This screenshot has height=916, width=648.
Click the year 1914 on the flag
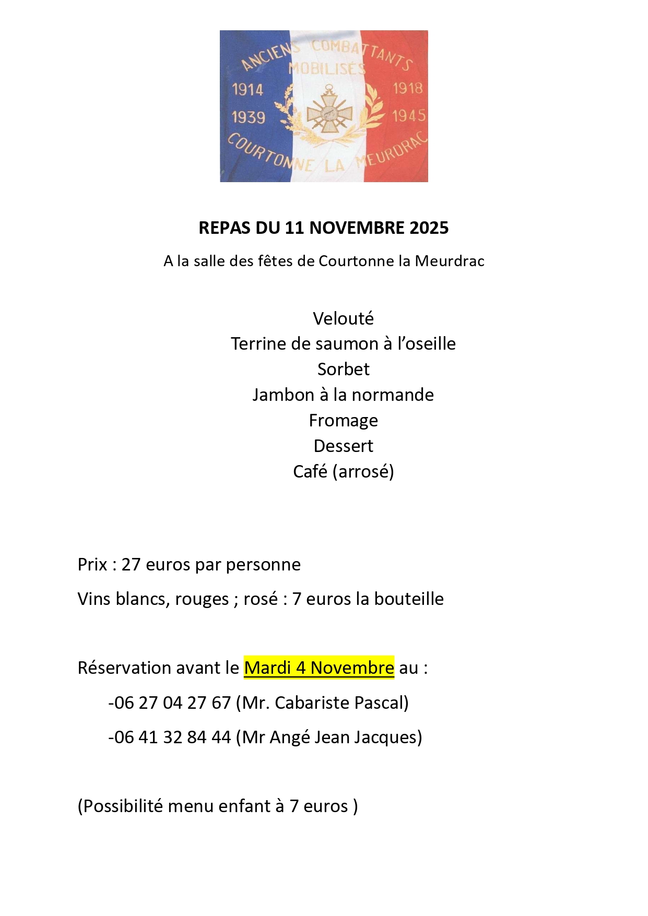coord(248,90)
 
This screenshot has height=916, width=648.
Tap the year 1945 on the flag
coord(409,115)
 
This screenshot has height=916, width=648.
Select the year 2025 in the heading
coord(429,228)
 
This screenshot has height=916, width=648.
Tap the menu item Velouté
coord(343,318)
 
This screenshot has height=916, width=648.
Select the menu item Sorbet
coord(343,370)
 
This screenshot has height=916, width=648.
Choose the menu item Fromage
coord(343,421)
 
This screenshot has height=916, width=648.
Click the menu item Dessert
coord(343,446)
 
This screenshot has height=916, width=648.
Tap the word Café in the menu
coord(310,472)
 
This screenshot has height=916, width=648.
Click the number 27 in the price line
coord(131,565)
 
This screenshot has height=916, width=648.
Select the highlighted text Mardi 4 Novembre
coord(319,668)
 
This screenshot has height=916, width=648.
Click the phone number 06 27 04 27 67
coord(172,703)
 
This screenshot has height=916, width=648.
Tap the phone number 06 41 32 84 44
coord(172,737)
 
